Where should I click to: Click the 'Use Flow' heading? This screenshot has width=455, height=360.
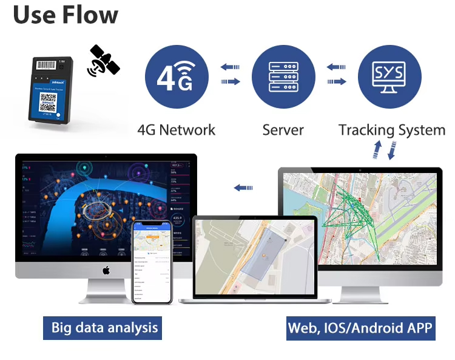[66, 15]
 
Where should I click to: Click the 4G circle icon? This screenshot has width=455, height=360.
[177, 76]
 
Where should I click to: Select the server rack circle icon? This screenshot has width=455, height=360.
[283, 76]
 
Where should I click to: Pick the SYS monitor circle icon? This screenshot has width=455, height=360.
[388, 76]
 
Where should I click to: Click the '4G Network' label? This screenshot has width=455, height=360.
[177, 130]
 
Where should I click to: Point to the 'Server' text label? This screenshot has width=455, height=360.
[283, 130]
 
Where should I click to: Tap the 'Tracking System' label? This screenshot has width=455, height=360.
[391, 130]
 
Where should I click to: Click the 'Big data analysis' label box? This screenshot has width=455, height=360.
[104, 328]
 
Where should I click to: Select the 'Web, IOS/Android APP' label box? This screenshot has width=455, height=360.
[360, 328]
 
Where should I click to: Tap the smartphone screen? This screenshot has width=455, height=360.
[152, 261]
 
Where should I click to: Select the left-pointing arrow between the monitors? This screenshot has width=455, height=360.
[243, 188]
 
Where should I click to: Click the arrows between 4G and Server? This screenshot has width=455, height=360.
[230, 74]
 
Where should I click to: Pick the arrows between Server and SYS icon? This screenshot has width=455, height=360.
[337, 74]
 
